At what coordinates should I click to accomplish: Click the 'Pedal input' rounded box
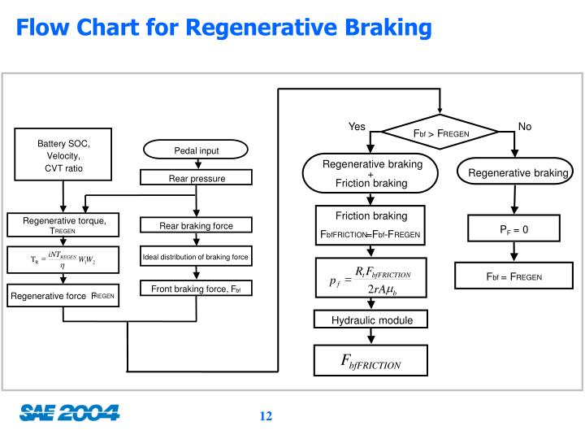[x=197, y=150]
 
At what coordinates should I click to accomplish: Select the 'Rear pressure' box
[x=197, y=178]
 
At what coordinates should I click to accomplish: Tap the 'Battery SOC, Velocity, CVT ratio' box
[x=63, y=155]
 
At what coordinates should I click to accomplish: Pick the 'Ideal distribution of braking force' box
[x=196, y=258]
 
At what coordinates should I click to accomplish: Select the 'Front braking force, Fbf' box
[x=196, y=289]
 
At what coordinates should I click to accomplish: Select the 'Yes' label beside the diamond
[x=357, y=127]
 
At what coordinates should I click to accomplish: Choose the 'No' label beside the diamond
[x=524, y=127]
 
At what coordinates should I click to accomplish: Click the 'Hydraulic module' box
[x=371, y=320]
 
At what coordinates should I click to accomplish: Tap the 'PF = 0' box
[x=513, y=229]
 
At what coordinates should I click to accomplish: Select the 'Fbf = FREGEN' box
[x=513, y=276]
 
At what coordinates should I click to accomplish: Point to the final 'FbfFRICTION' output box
[x=370, y=362]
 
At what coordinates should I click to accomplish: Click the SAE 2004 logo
[x=69, y=413]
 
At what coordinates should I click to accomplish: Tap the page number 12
[x=266, y=416]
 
